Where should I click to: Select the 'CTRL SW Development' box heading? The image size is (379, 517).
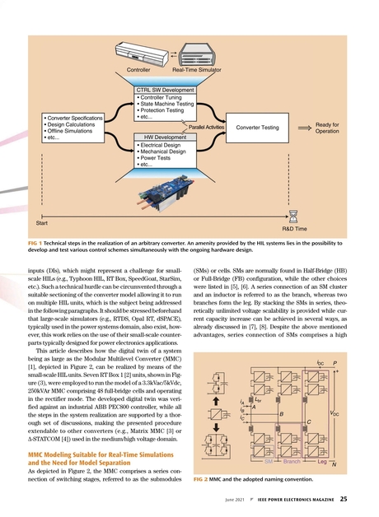[x=164, y=90]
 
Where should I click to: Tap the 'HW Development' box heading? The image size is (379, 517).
[x=165, y=137]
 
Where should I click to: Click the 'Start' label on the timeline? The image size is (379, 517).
[x=44, y=222]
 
